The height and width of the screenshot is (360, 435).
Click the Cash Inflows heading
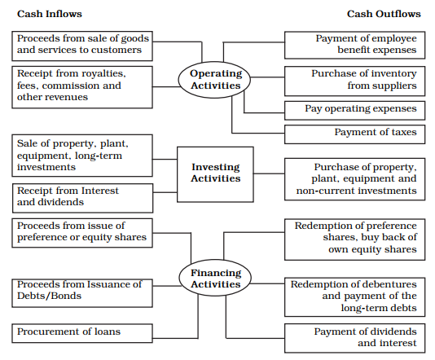pos(50,14)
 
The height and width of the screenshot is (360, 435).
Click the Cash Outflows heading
pos(384,14)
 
